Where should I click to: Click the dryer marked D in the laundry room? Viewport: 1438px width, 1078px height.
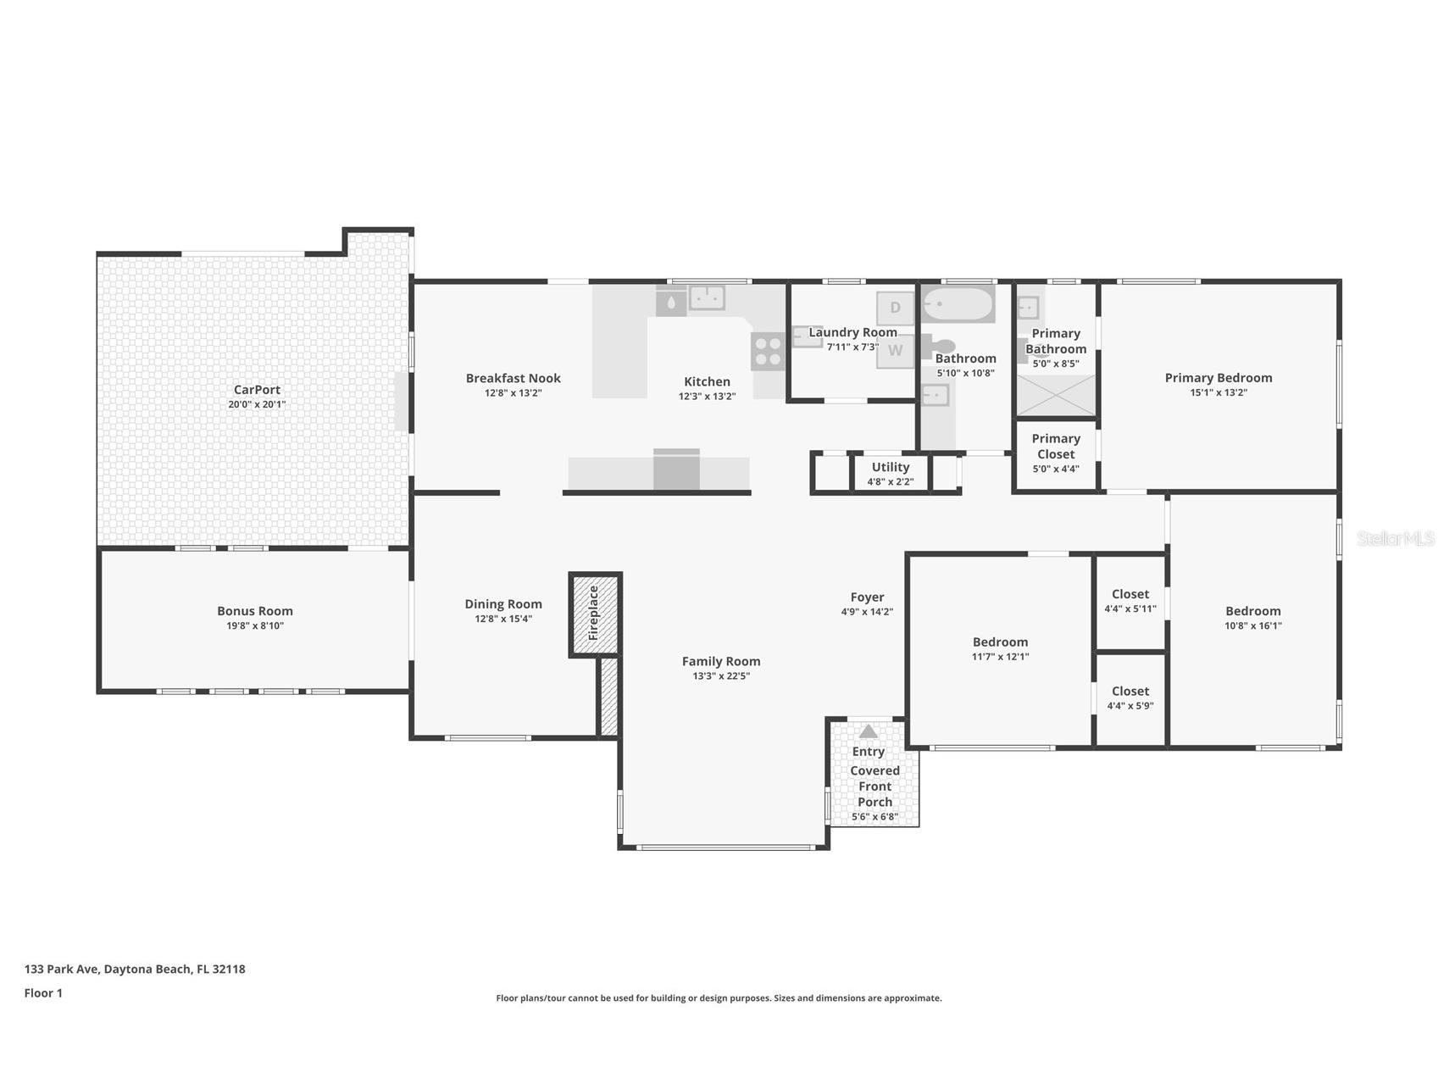point(896,308)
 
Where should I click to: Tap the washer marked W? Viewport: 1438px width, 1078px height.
point(896,351)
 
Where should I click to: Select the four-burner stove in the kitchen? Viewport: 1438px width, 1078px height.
point(768,352)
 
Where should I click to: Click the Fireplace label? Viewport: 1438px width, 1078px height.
point(593,613)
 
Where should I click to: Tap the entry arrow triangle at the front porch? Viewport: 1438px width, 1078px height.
point(868,731)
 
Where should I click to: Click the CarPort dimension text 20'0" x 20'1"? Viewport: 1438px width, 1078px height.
point(257,404)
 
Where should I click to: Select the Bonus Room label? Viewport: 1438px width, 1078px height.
point(255,611)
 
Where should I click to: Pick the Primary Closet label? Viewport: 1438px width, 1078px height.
point(1056,446)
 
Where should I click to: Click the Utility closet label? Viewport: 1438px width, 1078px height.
point(891,467)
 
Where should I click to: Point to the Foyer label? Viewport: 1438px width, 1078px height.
point(867,597)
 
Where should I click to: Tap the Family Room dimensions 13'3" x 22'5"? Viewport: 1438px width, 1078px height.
point(721,676)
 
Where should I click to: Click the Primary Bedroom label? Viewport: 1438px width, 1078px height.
point(1219,378)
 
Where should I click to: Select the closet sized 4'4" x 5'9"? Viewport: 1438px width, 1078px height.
point(1130,698)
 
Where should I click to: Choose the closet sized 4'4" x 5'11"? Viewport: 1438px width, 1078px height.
point(1130,601)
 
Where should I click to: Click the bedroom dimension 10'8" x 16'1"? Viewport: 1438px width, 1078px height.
point(1253,626)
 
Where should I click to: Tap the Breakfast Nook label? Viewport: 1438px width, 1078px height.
point(514,378)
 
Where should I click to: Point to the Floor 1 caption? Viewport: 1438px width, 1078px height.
point(43,993)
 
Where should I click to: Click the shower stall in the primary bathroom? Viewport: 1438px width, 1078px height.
point(1056,395)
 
